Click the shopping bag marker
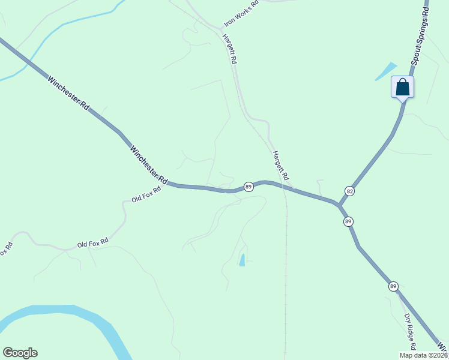tap(402, 88)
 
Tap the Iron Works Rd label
tap(241, 13)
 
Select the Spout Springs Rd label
tap(420, 41)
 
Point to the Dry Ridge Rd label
tap(410, 331)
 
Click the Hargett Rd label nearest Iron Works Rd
tap(229, 49)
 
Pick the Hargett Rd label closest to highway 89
tap(280, 166)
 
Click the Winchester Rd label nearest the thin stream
tap(68, 92)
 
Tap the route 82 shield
tap(349, 191)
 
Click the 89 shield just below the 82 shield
tap(348, 222)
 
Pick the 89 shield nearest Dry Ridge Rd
tap(393, 286)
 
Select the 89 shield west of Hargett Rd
tap(249, 187)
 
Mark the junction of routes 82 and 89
tap(339, 206)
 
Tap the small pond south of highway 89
tap(243, 260)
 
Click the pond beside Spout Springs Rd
tap(385, 71)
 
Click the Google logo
tap(20, 353)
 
